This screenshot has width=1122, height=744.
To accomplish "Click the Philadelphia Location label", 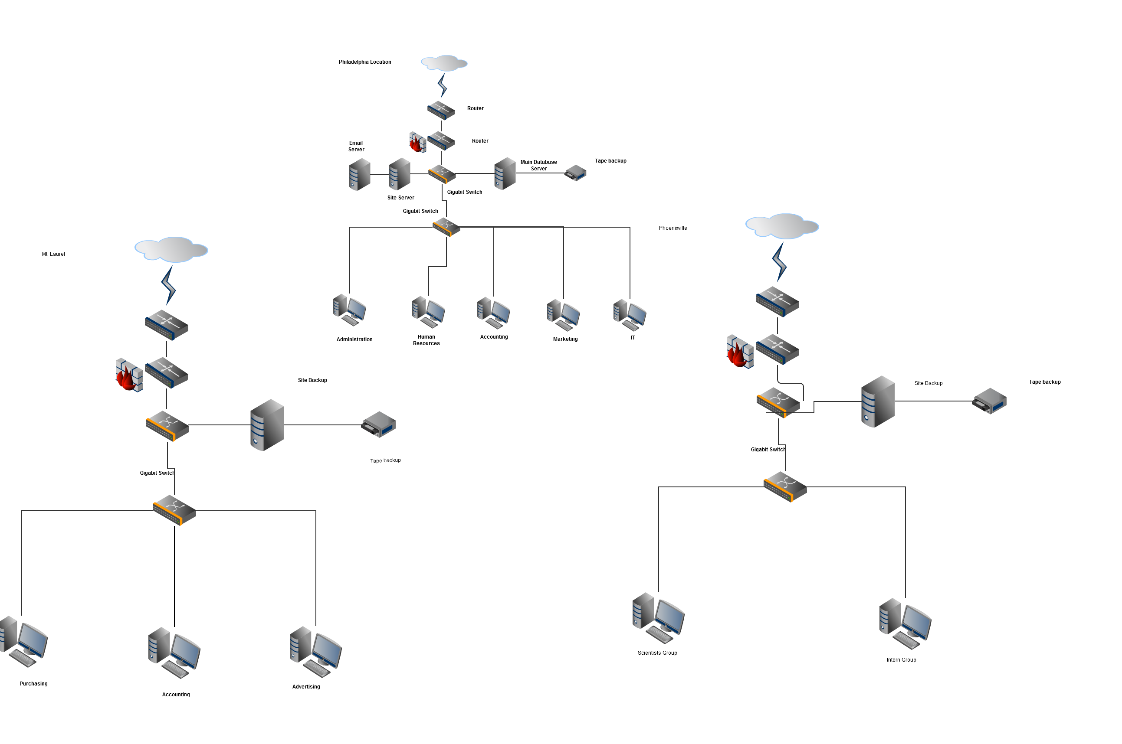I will click(x=364, y=62).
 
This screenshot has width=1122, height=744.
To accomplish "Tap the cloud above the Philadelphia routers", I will click(x=444, y=63).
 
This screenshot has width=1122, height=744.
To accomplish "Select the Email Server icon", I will click(x=359, y=174).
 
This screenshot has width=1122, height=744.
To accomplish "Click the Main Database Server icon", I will click(x=505, y=174).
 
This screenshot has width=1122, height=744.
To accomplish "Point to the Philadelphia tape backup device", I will click(x=575, y=173).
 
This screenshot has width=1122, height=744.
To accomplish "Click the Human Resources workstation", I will click(x=428, y=312).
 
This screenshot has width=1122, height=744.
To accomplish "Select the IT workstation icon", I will click(x=630, y=315).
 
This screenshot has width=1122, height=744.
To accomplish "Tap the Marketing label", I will click(x=565, y=339).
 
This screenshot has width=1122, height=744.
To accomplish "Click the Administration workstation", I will click(x=349, y=310).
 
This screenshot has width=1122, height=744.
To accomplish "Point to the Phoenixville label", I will click(x=673, y=228).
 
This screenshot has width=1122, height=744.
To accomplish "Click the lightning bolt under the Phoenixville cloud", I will click(x=779, y=261).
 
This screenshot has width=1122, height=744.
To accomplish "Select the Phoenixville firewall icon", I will click(x=739, y=352).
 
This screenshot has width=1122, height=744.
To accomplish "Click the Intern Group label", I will click(x=901, y=660).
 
